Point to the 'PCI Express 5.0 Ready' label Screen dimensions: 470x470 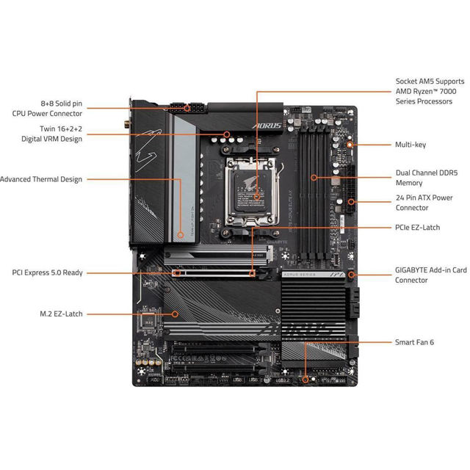coord(47,272)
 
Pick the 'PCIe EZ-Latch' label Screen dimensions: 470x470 coord(417,228)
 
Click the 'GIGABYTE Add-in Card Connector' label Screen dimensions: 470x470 coord(430,275)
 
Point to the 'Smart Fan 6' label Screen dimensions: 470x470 coord(415,342)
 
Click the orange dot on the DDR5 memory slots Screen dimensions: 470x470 coord(314,177)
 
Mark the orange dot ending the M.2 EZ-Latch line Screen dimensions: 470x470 coord(175,314)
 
